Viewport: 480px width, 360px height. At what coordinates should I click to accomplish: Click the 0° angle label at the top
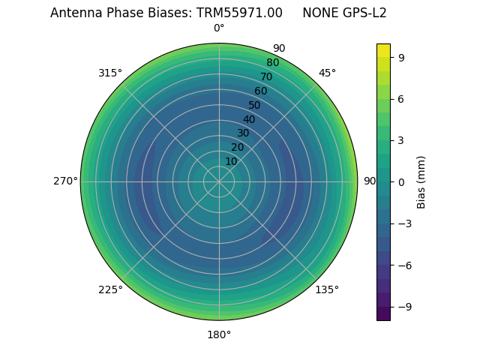tap(219, 28)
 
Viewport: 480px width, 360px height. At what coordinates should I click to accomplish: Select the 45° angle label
tap(327, 73)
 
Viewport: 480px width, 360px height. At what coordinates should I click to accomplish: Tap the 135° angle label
tap(327, 289)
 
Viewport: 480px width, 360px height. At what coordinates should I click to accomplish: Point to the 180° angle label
tap(219, 334)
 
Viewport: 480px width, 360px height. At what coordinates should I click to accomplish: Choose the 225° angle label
tap(110, 289)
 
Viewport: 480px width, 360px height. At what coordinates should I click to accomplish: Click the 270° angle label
tap(65, 181)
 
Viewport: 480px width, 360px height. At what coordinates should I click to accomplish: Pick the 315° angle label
tap(110, 73)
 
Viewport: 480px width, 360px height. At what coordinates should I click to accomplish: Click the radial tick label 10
tap(231, 161)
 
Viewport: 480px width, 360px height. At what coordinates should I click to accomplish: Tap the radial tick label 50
tap(255, 105)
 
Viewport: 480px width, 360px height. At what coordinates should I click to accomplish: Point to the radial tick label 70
tap(266, 76)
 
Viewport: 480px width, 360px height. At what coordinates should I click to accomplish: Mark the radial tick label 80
tap(272, 63)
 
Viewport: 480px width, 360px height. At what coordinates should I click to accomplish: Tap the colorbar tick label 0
tap(401, 182)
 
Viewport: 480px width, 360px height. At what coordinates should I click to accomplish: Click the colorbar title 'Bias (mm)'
tap(421, 182)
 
